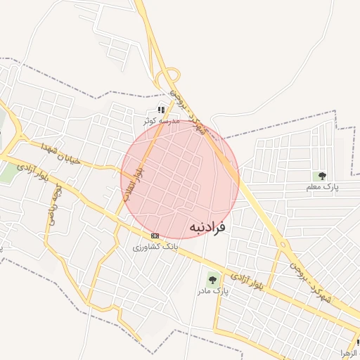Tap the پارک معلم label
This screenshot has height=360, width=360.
tap(322, 188)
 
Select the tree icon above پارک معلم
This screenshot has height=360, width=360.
tap(322, 176)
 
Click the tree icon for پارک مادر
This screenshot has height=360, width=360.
tap(212, 280)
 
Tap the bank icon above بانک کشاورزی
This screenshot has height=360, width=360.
tap(155, 236)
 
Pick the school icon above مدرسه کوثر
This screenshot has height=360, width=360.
tap(161, 110)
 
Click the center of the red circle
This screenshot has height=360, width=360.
tap(180, 179)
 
